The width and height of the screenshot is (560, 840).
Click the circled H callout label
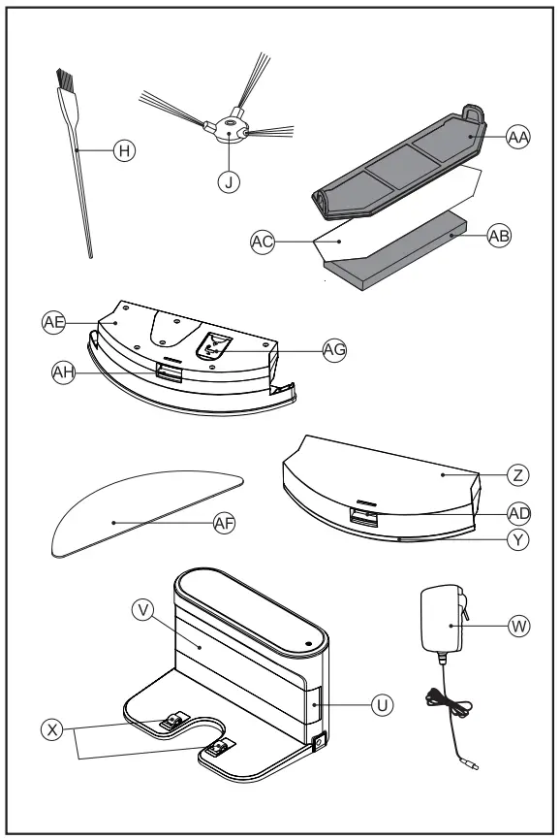click(x=124, y=150)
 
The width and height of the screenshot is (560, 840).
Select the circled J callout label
click(x=228, y=183)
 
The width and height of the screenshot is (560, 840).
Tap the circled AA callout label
click(x=519, y=139)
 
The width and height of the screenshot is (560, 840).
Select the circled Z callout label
click(x=520, y=475)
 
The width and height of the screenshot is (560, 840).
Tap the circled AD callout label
click(x=520, y=511)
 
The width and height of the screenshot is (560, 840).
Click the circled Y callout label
click(x=520, y=543)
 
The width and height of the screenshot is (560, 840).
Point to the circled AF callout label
click(x=226, y=522)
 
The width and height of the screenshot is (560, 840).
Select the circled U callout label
click(x=384, y=705)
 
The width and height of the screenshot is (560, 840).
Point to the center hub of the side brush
click(x=229, y=126)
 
